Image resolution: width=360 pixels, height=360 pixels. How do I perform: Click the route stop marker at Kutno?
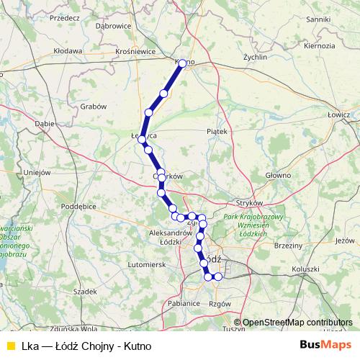click(182, 63)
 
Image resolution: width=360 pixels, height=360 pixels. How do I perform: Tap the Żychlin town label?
click(255, 56)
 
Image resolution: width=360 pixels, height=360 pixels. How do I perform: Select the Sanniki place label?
click(318, 19)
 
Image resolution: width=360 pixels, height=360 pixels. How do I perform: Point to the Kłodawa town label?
click(68, 51)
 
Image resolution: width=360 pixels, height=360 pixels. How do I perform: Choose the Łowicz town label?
click(338, 114)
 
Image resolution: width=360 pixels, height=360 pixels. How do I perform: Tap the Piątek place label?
click(216, 132)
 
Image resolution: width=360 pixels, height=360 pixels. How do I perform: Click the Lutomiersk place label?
click(146, 264)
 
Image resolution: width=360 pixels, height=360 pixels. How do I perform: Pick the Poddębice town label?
click(79, 206)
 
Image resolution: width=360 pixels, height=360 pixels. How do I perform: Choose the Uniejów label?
click(35, 172)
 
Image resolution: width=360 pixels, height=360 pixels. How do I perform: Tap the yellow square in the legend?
click(10, 346)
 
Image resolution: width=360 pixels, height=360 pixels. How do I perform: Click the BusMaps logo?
click(326, 345)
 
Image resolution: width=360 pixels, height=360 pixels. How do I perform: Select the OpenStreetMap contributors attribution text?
click(297, 323)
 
